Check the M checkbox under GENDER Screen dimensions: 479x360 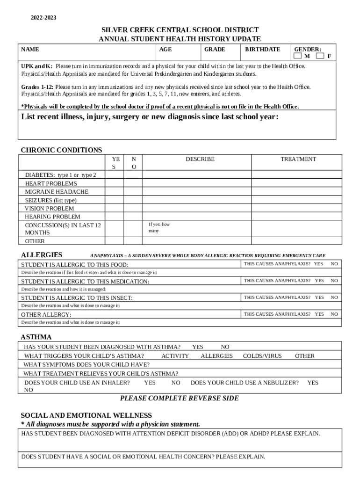[x=297, y=57]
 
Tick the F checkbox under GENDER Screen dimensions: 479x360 [x=320, y=57]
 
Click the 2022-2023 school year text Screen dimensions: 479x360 [x=43, y=18]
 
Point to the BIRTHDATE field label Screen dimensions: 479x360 [x=263, y=49]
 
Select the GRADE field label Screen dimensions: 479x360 [x=215, y=49]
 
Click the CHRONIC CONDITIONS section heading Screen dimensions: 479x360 [x=61, y=150]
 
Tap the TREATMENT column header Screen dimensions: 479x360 [x=298, y=159]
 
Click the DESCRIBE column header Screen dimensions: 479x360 [x=200, y=159]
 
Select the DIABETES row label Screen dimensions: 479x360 [x=60, y=175]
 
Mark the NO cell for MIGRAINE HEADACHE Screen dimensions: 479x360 [x=133, y=192]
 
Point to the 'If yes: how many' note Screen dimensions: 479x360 [x=159, y=227]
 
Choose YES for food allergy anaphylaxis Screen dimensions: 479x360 [x=318, y=264]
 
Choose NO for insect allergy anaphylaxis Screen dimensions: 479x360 [x=334, y=298]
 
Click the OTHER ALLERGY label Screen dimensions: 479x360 [x=46, y=314]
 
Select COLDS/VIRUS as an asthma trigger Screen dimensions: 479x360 [x=262, y=356]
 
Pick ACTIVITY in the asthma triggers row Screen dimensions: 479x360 [x=175, y=356]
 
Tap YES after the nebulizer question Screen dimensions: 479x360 [x=312, y=383]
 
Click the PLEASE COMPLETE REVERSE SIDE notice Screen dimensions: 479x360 [x=180, y=399]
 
